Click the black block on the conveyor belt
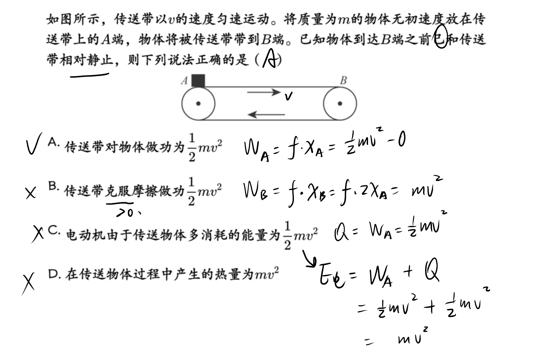(198, 81)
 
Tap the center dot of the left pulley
(198, 104)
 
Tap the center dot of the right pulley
(340, 104)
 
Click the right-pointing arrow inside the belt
(264, 92)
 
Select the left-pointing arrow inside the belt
(266, 114)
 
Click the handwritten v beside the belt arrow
(289, 96)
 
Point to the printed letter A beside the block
(184, 81)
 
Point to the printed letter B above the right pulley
(343, 80)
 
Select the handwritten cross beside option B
(31, 193)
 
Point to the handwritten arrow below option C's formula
(309, 259)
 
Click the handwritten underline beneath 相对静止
(90, 75)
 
